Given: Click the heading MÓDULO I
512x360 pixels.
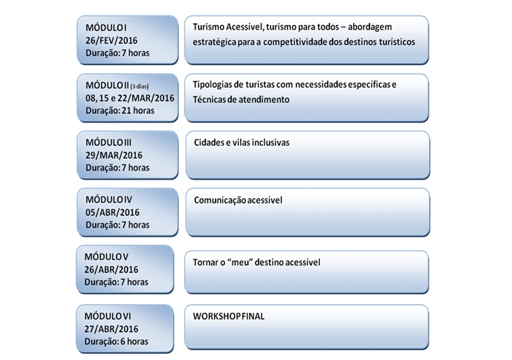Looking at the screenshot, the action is click(x=106, y=28).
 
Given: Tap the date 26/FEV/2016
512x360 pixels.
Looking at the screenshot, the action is click(x=112, y=41).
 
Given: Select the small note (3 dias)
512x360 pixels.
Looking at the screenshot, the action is click(x=140, y=86).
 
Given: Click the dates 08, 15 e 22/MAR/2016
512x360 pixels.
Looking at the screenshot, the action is click(x=130, y=98).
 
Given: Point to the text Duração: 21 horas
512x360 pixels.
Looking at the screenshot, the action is click(x=120, y=111).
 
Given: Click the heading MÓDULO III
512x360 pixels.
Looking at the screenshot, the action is click(x=109, y=143).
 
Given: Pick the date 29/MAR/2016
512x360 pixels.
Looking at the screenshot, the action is click(x=114, y=155).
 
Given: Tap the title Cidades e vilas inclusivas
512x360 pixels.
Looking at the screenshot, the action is click(x=242, y=143).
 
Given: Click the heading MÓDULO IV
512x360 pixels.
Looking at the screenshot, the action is click(x=109, y=200).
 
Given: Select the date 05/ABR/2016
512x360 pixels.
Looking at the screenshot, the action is click(x=112, y=212).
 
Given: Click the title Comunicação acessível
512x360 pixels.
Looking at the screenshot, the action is click(x=238, y=200).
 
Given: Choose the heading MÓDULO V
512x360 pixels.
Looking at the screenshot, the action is click(x=106, y=257).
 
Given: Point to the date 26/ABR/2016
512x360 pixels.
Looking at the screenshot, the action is click(x=112, y=270).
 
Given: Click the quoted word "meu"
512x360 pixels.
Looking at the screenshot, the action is click(x=240, y=262).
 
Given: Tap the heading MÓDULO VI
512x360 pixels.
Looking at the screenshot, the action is click(x=108, y=316).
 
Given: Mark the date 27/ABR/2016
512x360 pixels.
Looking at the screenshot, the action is click(x=112, y=329).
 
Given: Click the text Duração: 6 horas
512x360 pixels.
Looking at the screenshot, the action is click(x=116, y=342).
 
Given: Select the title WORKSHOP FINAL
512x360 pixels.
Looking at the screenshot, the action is click(x=228, y=316).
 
